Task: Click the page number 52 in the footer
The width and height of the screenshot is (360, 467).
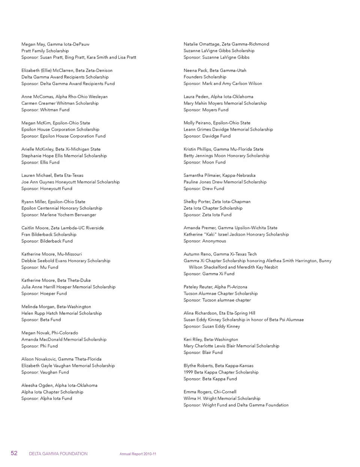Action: (14, 453)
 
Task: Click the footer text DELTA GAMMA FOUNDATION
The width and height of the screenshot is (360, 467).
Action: (58, 453)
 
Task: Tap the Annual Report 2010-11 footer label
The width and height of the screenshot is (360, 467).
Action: (138, 454)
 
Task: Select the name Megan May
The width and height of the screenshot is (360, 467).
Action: (33, 44)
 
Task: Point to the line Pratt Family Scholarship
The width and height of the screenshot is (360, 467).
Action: (45, 51)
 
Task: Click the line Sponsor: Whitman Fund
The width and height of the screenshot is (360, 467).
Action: (45, 110)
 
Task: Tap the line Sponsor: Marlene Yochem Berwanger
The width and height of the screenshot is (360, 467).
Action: (58, 215)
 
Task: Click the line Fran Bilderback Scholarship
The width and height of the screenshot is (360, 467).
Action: (49, 234)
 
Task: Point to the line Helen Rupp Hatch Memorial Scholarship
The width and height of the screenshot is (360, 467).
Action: (61, 313)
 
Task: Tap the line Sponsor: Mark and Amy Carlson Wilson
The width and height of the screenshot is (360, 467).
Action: (223, 84)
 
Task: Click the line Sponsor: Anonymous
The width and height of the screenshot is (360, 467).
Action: (205, 241)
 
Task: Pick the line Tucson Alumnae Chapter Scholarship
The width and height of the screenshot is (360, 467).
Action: (220, 294)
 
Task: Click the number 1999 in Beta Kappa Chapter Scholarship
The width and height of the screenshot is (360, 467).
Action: (188, 372)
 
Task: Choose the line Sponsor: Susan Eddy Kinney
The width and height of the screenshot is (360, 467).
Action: (211, 326)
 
